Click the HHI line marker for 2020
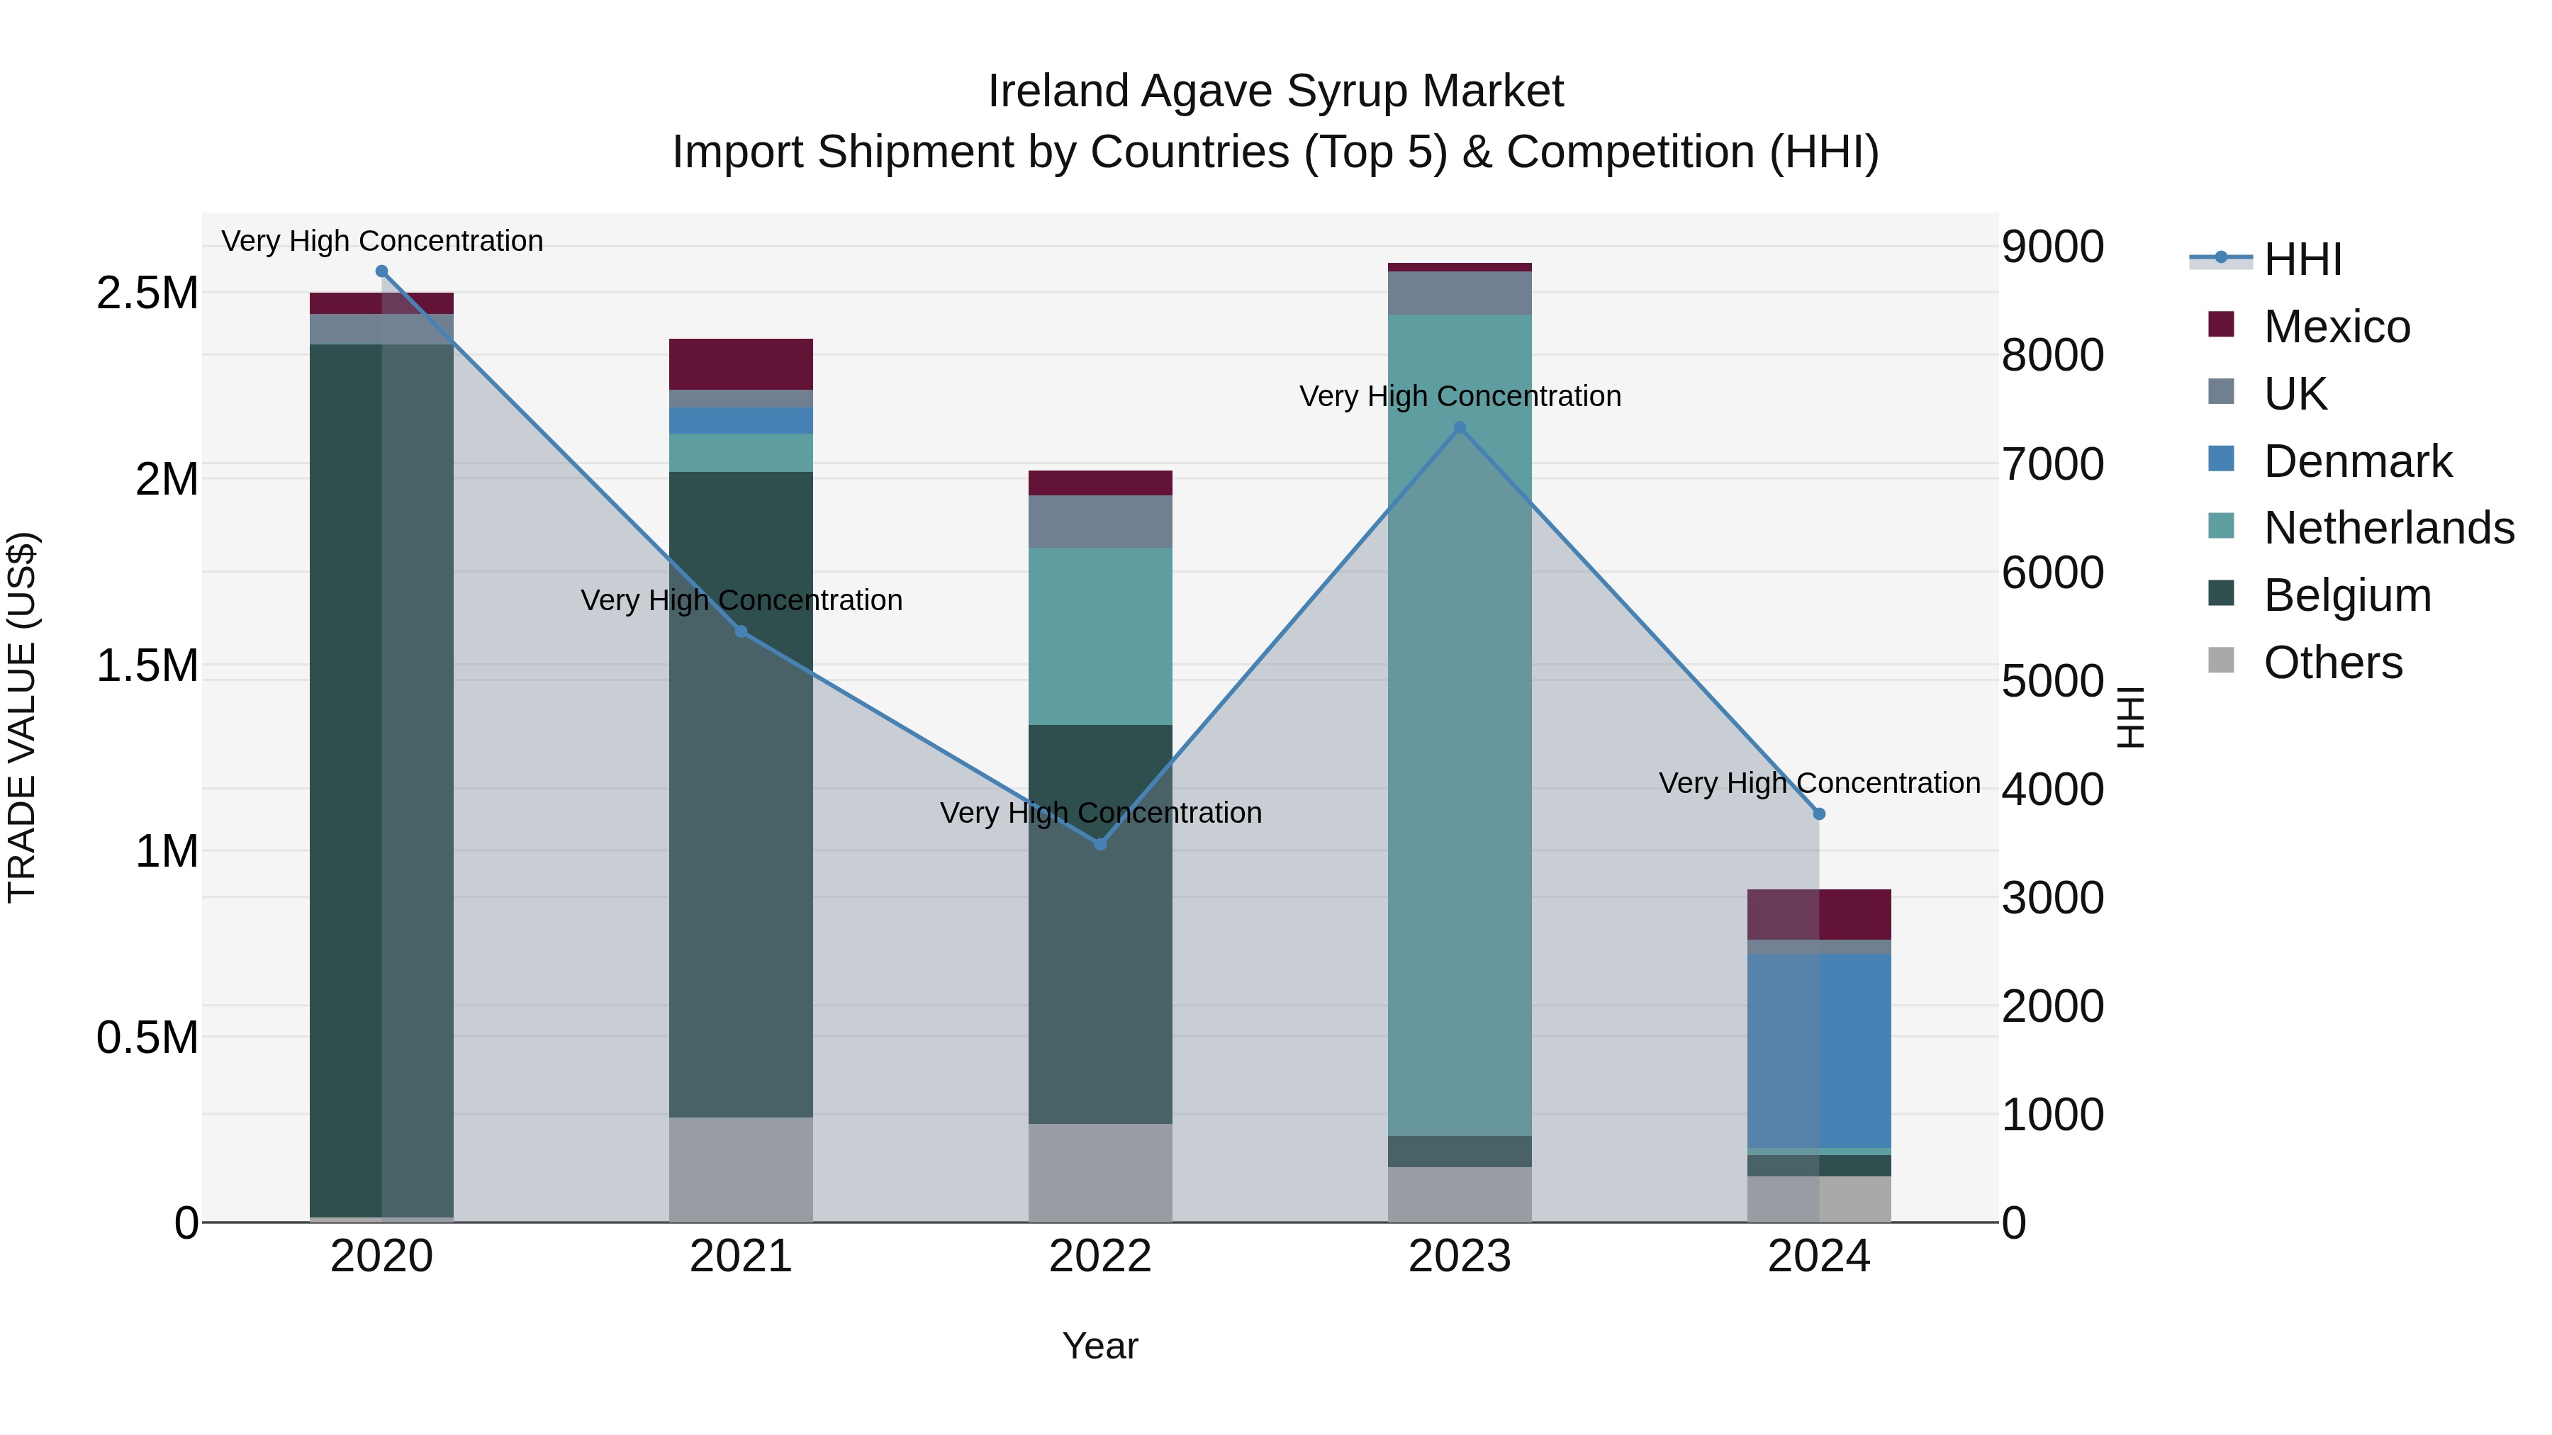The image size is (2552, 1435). pyautogui.click(x=381, y=271)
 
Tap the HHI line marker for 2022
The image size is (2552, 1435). pyautogui.click(x=1099, y=845)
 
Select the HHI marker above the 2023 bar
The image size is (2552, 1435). pyautogui.click(x=1460, y=428)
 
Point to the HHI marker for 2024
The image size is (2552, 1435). pyautogui.click(x=1819, y=814)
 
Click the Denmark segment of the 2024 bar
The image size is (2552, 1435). pyautogui.click(x=1819, y=1049)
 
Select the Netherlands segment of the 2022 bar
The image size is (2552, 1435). pyautogui.click(x=1099, y=636)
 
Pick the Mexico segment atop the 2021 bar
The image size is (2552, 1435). pyautogui.click(x=741, y=364)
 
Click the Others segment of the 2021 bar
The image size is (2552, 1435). pyautogui.click(x=741, y=1169)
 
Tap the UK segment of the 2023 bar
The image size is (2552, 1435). pyautogui.click(x=1460, y=292)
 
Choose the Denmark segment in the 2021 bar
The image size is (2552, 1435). pyautogui.click(x=741, y=420)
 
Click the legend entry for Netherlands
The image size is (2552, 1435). pyautogui.click(x=2388, y=528)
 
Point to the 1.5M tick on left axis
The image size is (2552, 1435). pyautogui.click(x=147, y=665)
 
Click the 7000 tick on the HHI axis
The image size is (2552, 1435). pyautogui.click(x=2053, y=463)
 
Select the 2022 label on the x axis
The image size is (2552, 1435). pyautogui.click(x=1099, y=1256)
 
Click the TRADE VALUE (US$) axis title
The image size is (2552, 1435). pyautogui.click(x=23, y=717)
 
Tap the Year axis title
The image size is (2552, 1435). pyautogui.click(x=1099, y=1346)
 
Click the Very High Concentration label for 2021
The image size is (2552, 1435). pyautogui.click(x=741, y=600)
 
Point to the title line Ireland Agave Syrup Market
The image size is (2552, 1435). pyautogui.click(x=1275, y=91)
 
